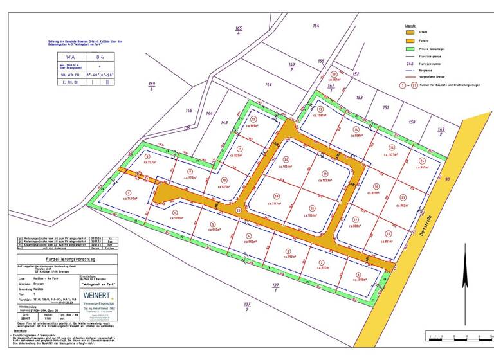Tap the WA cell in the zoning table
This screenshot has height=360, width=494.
(x=71, y=57)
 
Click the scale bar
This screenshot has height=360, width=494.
(x=457, y=336)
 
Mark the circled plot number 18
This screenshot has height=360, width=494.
(x=312, y=208)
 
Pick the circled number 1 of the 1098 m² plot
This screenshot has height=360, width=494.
(x=358, y=274)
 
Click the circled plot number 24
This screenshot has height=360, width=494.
(x=423, y=160)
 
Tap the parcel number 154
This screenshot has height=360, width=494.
(x=315, y=25)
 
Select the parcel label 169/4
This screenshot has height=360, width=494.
(x=152, y=87)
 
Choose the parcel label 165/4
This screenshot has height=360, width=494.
(x=239, y=31)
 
